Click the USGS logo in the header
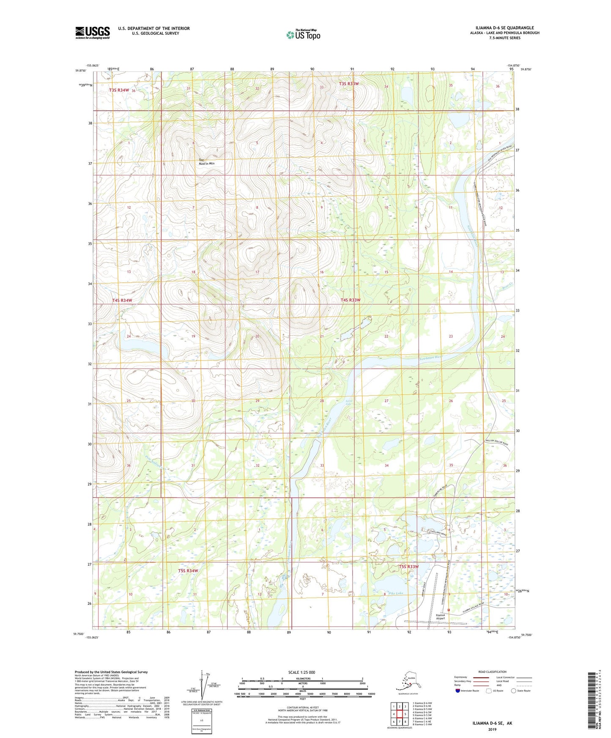point(93,33)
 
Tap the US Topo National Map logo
point(303,35)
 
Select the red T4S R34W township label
point(122,301)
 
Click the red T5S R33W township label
point(408,567)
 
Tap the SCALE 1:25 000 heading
point(302,672)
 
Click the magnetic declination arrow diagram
point(204,687)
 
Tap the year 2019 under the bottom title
point(492,730)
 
